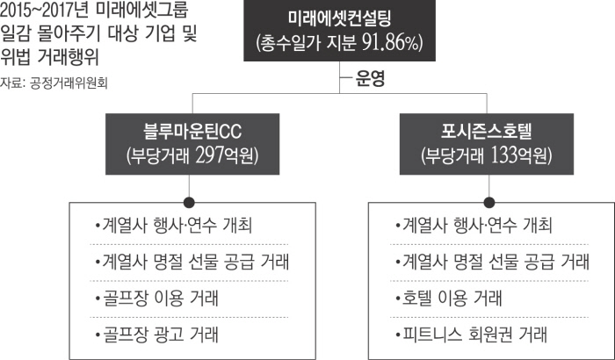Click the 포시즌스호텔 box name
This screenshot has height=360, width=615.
tap(486, 133)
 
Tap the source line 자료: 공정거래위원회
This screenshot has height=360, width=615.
tap(57, 84)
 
